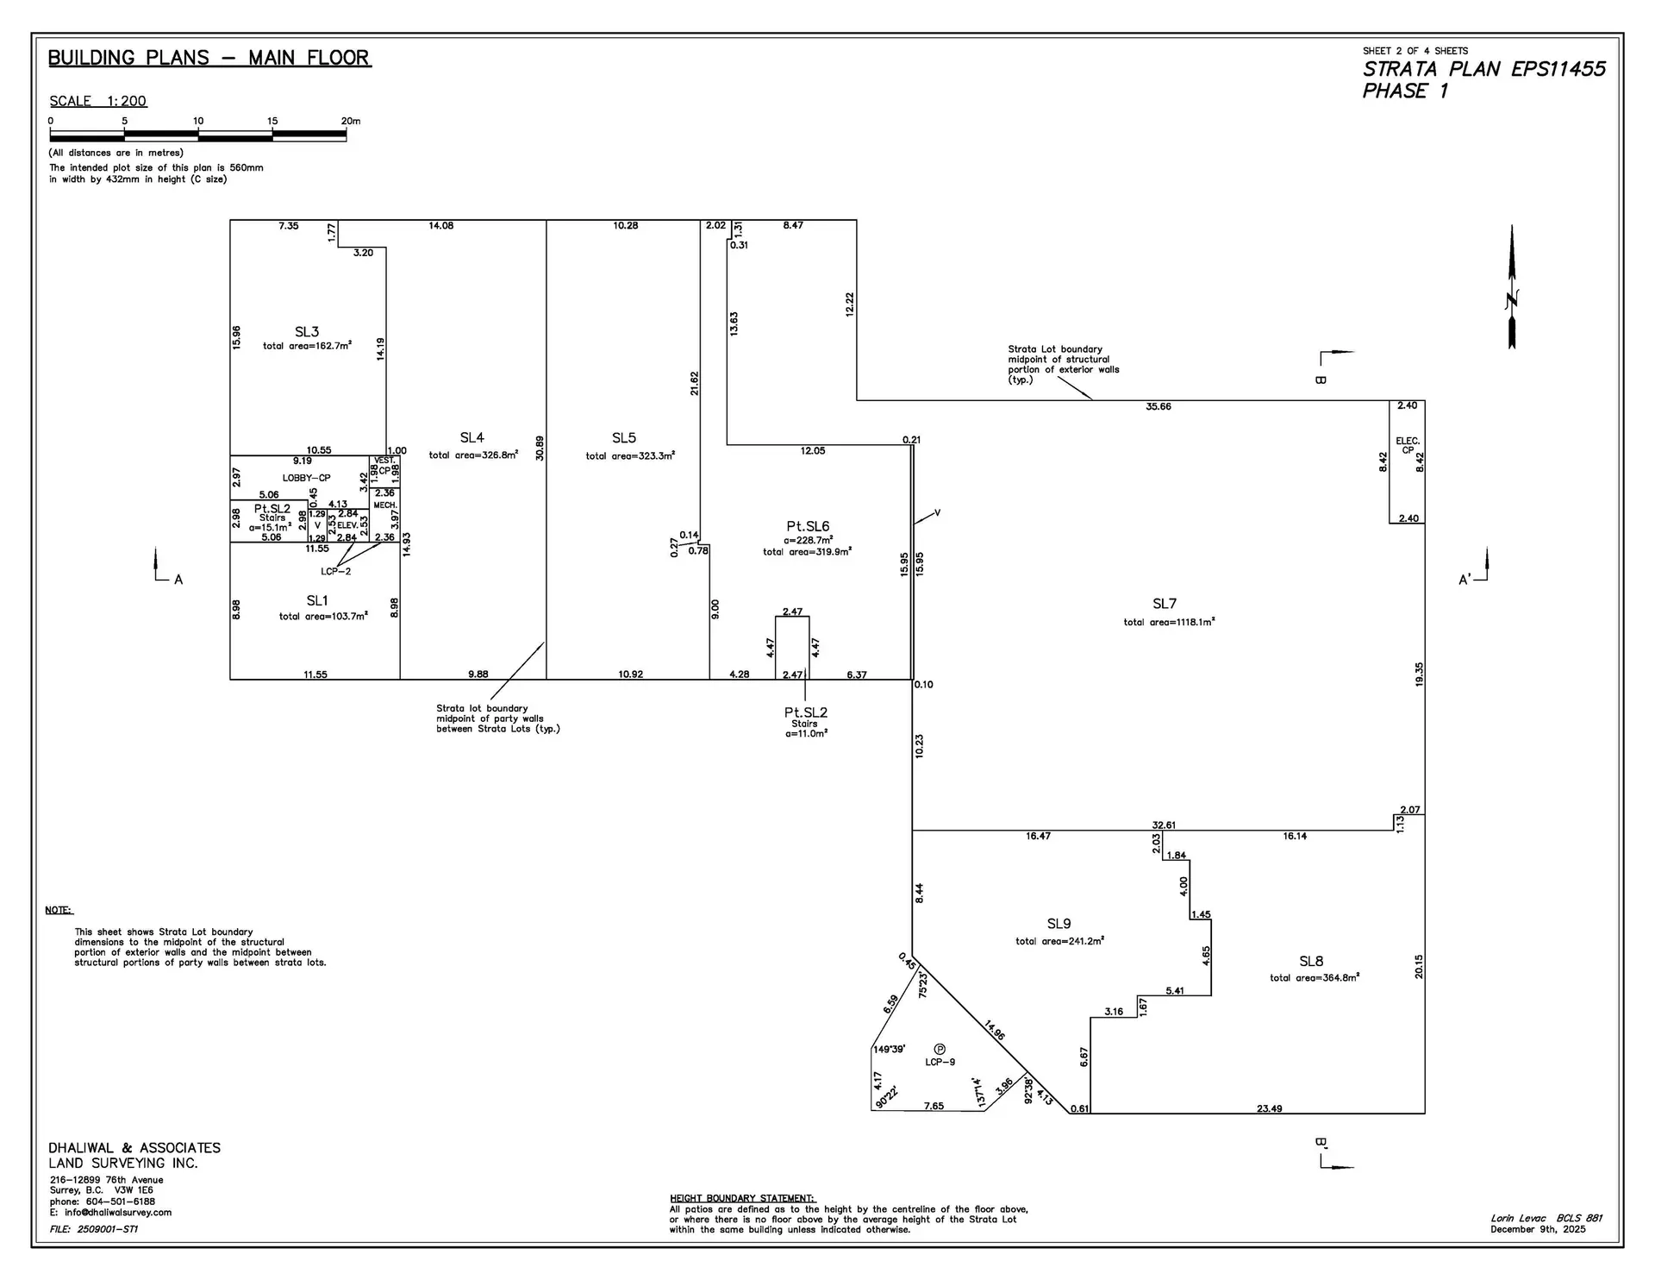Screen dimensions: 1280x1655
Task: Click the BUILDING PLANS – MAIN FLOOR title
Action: (209, 58)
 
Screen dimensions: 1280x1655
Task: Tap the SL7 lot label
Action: (1165, 604)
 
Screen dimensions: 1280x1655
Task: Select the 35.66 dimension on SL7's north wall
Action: (1158, 406)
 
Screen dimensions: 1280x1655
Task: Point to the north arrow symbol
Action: (1512, 289)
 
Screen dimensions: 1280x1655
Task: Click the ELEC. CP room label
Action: (1407, 445)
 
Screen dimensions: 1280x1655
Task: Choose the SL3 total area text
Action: (307, 346)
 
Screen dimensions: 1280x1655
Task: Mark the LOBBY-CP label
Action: (306, 478)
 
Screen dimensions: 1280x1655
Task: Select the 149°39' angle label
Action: (890, 1050)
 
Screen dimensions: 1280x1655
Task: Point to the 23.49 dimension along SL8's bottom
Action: (1269, 1108)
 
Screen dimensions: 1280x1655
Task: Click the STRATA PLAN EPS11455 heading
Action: (1483, 69)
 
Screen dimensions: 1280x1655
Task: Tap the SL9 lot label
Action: (1059, 924)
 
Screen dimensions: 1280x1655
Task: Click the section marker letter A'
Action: (1464, 580)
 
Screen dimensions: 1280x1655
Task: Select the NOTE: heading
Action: (59, 910)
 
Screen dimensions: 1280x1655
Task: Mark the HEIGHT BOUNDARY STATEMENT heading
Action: (741, 1198)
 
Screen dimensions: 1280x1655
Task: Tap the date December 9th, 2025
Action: (1538, 1229)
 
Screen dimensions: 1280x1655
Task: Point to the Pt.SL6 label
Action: (808, 526)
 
